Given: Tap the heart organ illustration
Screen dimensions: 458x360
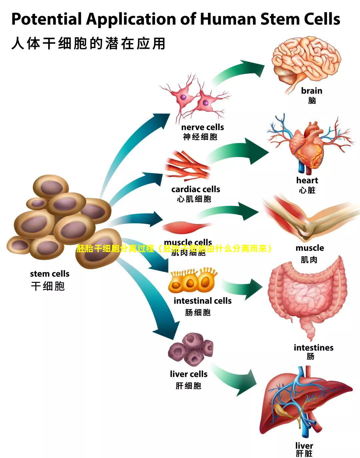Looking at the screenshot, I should pyautogui.click(x=307, y=147).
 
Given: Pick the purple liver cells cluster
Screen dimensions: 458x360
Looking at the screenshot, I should pyautogui.click(x=191, y=350).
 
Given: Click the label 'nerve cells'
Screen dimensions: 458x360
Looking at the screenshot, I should pyautogui.click(x=202, y=127).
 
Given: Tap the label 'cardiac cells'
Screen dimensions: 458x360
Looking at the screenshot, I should pyautogui.click(x=196, y=189).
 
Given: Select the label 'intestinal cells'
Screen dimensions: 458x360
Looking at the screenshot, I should pyautogui.click(x=202, y=301).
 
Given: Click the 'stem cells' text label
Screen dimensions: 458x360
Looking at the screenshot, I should pyautogui.click(x=50, y=274).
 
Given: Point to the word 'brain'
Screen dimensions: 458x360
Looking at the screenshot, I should pyautogui.click(x=312, y=91).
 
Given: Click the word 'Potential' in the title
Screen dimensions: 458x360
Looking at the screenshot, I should pyautogui.click(x=46, y=19).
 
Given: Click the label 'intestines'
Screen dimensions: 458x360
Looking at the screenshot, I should pyautogui.click(x=313, y=348).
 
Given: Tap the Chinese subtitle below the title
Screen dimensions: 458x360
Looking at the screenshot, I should pyautogui.click(x=88, y=44).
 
